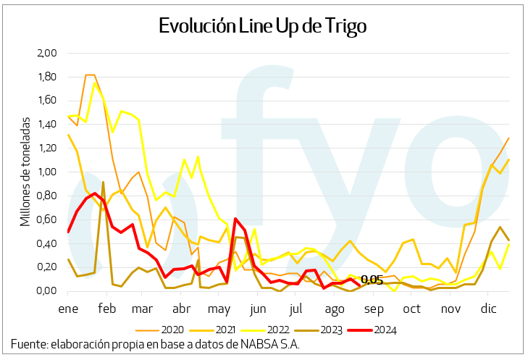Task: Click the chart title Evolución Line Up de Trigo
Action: click(263, 26)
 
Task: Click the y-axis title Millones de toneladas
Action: click(26, 172)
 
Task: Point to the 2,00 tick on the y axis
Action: click(46, 53)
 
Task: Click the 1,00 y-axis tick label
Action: click(46, 172)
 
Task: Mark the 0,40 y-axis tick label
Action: click(46, 243)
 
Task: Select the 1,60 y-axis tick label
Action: click(46, 101)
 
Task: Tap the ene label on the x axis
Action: click(68, 308)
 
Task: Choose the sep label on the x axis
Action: click(374, 308)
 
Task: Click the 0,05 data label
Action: click(372, 280)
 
